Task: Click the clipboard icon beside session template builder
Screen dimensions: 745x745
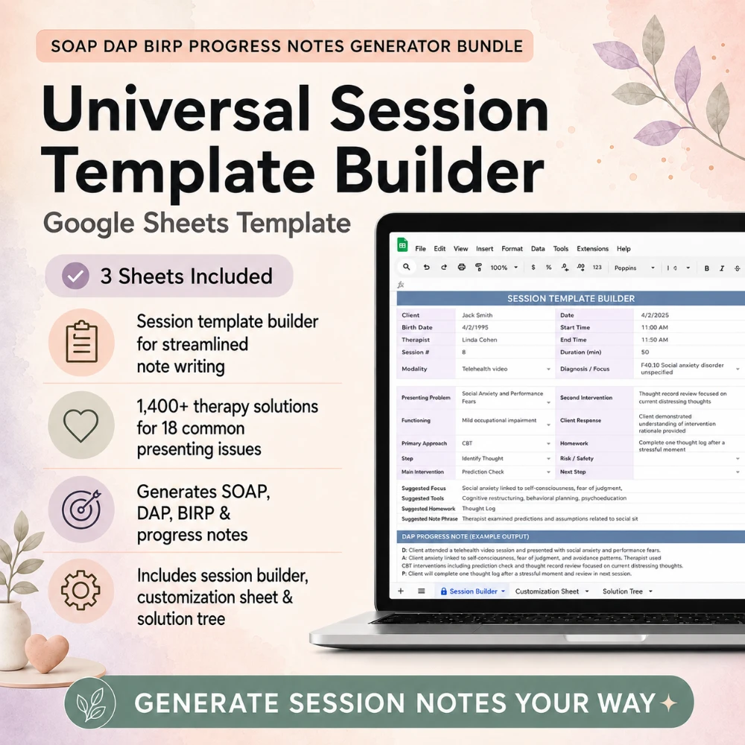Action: pos(82,342)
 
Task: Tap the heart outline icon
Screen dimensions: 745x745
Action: pos(81,425)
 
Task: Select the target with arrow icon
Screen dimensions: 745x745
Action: pos(82,509)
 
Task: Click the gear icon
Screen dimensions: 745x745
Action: pos(80,590)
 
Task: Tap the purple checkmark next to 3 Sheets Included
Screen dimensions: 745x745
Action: pos(75,276)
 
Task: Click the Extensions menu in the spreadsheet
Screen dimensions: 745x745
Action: pos(592,249)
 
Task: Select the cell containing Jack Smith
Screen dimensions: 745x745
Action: pos(477,315)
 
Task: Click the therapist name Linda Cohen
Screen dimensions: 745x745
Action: pos(479,340)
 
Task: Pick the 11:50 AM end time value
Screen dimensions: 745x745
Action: pos(654,340)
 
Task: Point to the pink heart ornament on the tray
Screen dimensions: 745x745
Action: pos(46,654)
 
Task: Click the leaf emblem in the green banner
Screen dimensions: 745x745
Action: pos(90,703)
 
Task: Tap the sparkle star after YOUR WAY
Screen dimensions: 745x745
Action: pos(669,703)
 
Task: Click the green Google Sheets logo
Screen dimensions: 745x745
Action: pos(402,245)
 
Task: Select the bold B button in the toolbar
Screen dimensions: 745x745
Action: pos(706,268)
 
